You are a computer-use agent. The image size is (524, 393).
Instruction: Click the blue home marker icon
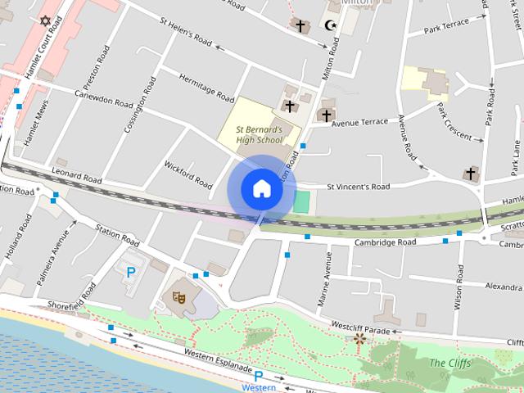coord(261,189)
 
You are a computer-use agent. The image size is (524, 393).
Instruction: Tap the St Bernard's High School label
coord(259,135)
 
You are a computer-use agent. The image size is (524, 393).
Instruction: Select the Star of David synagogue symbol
coord(44,20)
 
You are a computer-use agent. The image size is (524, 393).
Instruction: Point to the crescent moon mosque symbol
coord(332,26)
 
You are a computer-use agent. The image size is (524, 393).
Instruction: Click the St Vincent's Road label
coord(358,187)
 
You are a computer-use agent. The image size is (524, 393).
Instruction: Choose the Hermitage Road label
coord(206,84)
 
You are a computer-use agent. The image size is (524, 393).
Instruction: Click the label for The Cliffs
coord(449,363)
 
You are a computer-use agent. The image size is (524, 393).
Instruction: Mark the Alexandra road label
coord(504,287)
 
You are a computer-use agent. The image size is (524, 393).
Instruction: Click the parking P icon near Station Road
coord(130,272)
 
